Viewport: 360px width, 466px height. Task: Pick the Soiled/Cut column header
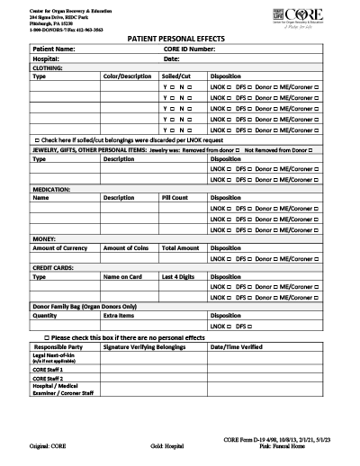coord(176,76)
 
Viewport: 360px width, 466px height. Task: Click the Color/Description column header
coord(127,76)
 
